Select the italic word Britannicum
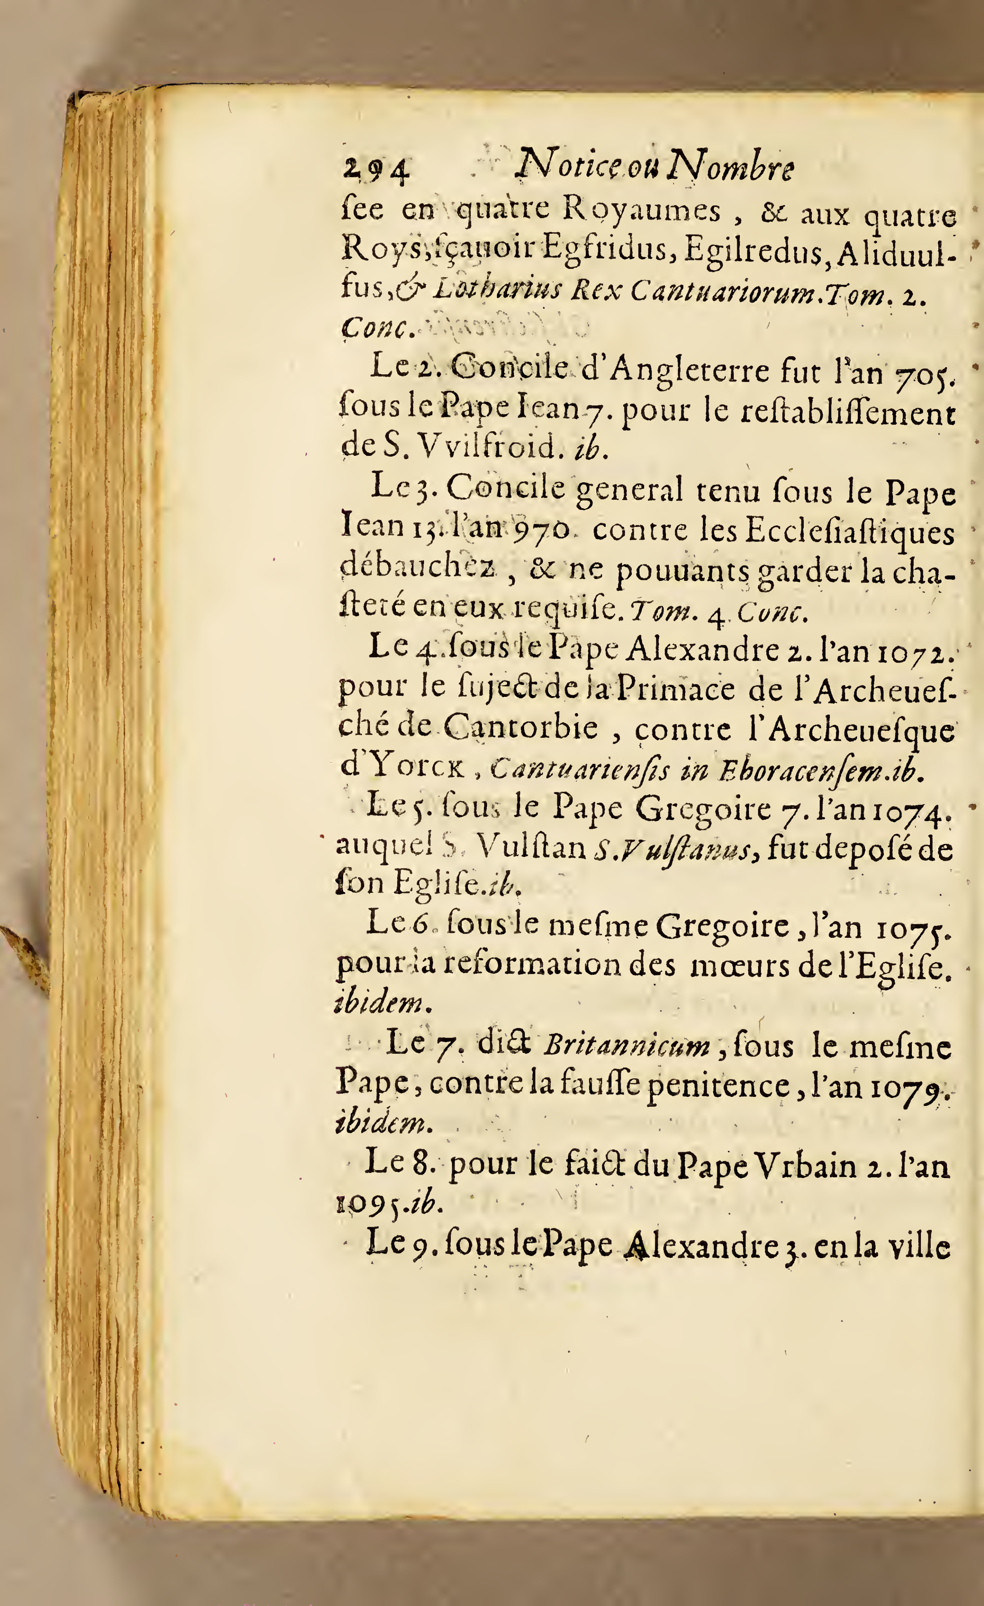pyautogui.click(x=627, y=1047)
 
